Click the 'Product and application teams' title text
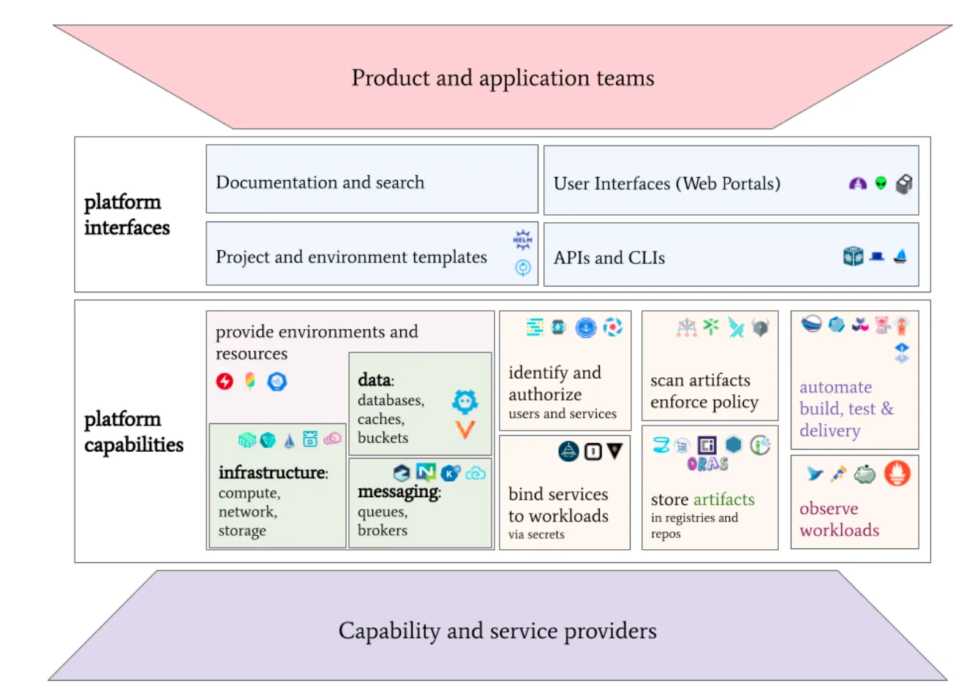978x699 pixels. pos(503,79)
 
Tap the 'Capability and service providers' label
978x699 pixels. pos(497,632)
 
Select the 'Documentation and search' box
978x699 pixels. pos(372,179)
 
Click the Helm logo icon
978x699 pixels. pos(522,240)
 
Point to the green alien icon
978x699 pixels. pos(881,183)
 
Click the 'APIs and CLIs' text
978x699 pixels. pos(609,258)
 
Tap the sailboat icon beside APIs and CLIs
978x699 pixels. pos(900,256)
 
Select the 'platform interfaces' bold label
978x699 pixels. pos(127,215)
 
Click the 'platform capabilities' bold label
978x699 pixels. pos(134,432)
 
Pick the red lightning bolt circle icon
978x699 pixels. pos(225,382)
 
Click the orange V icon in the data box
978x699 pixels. pos(465,430)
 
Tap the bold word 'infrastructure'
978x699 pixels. pos(272,472)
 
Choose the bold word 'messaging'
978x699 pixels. pos(398,492)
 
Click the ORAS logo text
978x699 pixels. pos(708,464)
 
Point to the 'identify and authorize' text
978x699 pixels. pos(554,384)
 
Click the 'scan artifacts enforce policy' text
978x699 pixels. pos(704,391)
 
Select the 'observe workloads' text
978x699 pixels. pos(839,519)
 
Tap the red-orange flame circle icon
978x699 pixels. pos(898,473)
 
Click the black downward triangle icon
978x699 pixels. pos(614,450)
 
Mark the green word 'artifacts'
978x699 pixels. pos(724,499)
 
